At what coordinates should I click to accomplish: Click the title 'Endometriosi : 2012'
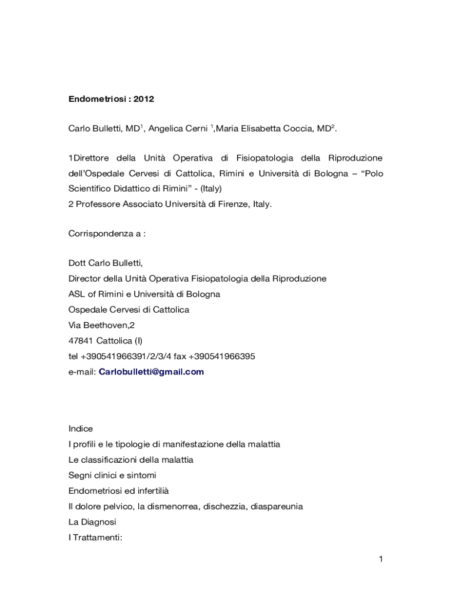pos(111,99)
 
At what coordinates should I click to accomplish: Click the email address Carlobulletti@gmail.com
pos(151,372)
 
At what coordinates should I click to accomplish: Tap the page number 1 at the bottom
pos(381,559)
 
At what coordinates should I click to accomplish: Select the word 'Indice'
pos(81,429)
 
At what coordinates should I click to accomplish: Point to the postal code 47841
pos(81,341)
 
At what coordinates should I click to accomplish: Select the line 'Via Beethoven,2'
pos(102,325)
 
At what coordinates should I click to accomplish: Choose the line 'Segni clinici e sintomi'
pos(112,475)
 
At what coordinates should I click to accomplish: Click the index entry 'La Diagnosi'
pos(92,522)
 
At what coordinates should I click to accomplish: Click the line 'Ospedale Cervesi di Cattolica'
pos(129,310)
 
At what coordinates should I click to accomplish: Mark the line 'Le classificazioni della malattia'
pos(131,460)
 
